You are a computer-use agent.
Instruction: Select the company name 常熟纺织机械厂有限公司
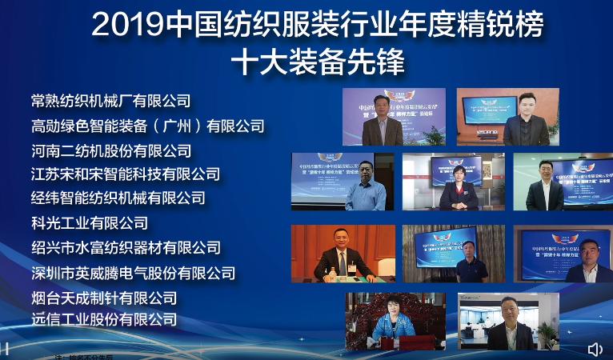point(111,101)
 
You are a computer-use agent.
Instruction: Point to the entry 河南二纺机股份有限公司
point(111,150)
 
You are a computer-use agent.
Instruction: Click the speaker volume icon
point(595,350)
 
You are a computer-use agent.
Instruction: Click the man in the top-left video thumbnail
point(387,123)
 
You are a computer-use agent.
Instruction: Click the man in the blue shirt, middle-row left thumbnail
point(366,188)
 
